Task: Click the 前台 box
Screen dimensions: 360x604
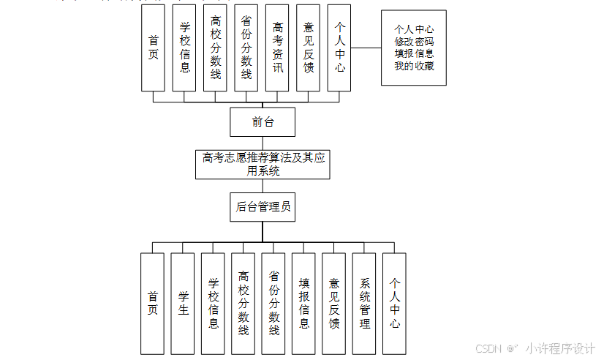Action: coord(263,121)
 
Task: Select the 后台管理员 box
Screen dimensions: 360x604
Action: coord(263,207)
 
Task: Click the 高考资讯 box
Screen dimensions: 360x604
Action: coord(278,48)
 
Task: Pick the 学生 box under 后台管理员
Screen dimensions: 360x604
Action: coord(183,303)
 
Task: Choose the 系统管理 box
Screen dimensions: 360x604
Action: coord(364,303)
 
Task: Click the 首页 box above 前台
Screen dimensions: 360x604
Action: coord(153,48)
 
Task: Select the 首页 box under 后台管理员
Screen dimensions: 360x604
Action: coord(152,303)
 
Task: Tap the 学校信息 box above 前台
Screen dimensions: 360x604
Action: coord(184,48)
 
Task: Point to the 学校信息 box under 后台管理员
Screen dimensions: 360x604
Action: coord(213,303)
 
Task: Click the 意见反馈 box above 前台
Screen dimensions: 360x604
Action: coord(309,48)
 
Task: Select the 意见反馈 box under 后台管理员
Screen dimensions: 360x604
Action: coord(333,303)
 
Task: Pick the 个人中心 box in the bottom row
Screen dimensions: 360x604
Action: coord(394,303)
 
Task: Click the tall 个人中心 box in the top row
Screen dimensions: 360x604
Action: coord(339,48)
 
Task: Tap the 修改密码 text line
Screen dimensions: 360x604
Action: coord(414,42)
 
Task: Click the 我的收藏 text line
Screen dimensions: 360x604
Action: coord(414,66)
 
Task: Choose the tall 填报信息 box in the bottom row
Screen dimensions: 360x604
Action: coord(303,303)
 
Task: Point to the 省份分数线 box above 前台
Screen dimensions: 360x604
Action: coord(246,48)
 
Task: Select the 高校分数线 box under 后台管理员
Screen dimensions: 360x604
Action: coord(243,303)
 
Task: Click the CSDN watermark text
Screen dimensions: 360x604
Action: coord(486,348)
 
